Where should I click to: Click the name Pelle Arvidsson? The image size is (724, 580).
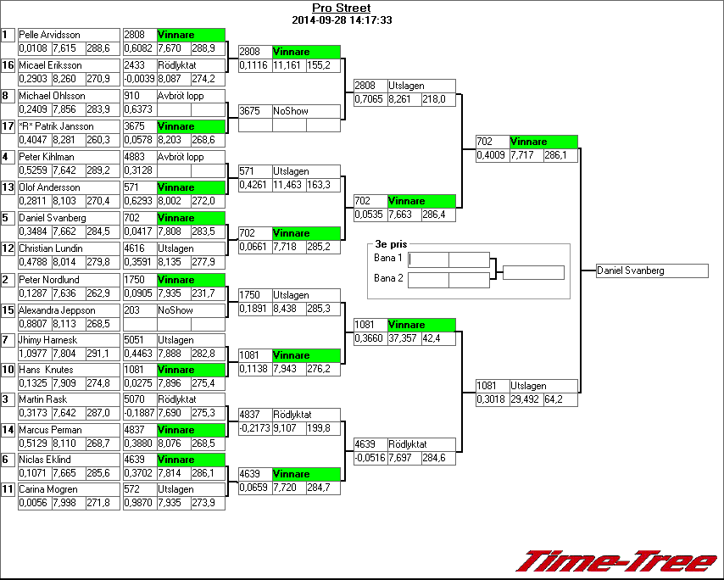pos(49,35)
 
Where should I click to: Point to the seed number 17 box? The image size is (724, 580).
pos(8,126)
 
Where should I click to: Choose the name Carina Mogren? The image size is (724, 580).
pos(48,489)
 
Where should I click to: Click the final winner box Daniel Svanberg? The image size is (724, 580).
pos(651,270)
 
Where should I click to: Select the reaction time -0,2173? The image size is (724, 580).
pos(253,428)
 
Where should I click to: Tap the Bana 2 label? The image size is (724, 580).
pos(388,278)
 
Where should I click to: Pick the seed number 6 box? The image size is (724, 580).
pos(8,459)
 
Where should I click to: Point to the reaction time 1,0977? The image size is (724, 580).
pos(34,354)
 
